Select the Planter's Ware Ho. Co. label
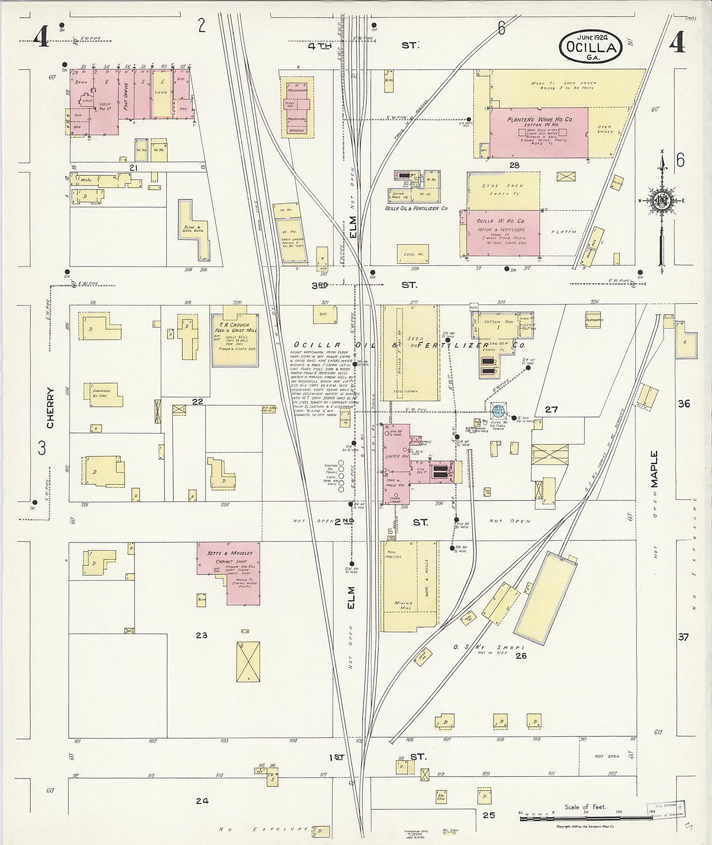click(x=540, y=120)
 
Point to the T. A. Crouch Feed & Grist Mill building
click(x=235, y=340)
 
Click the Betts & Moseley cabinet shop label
click(x=230, y=553)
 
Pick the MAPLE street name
click(x=655, y=470)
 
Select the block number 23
click(x=201, y=635)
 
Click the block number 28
click(x=514, y=165)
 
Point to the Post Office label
click(x=126, y=96)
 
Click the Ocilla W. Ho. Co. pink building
click(x=503, y=233)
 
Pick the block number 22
click(x=197, y=401)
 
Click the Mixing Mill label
click(x=403, y=606)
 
